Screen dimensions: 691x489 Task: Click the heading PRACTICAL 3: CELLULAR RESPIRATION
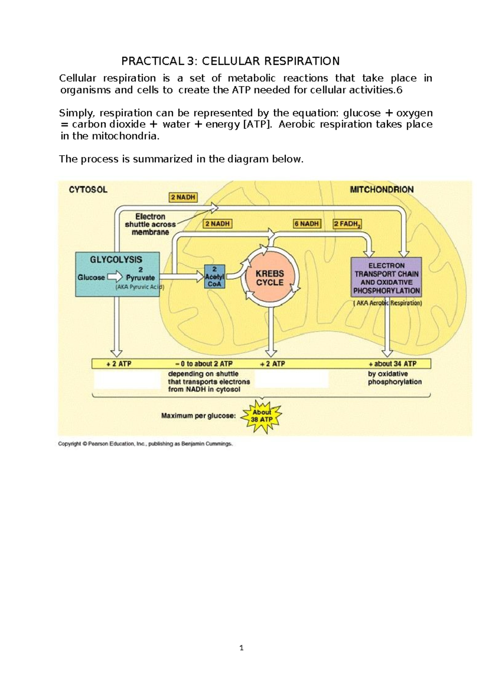pos(230,61)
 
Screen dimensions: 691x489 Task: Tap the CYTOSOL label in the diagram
pos(88,189)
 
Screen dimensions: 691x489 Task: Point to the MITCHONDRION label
pos(382,189)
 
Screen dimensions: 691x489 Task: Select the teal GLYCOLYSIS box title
pos(116,260)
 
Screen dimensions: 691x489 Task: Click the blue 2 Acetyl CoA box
pos(214,277)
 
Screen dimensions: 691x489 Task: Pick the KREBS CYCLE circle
pos(270,278)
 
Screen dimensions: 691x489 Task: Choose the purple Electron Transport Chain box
pos(386,277)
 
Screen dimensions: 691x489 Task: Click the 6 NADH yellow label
pos(307,224)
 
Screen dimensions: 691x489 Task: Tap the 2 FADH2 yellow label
pos(347,224)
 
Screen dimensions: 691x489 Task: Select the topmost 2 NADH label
pos(183,197)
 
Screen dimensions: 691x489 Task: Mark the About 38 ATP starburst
pos(261,416)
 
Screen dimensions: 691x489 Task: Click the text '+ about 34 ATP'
pos(392,364)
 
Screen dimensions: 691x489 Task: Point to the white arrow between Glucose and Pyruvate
pos(115,277)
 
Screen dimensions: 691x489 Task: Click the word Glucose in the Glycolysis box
pos(91,277)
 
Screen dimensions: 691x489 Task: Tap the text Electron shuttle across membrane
pos(150,224)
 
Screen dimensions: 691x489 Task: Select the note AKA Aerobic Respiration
pos(388,303)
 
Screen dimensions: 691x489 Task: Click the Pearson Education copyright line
pos(145,444)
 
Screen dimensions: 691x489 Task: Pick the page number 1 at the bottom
pos(242,648)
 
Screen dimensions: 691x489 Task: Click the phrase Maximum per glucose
pos(198,416)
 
